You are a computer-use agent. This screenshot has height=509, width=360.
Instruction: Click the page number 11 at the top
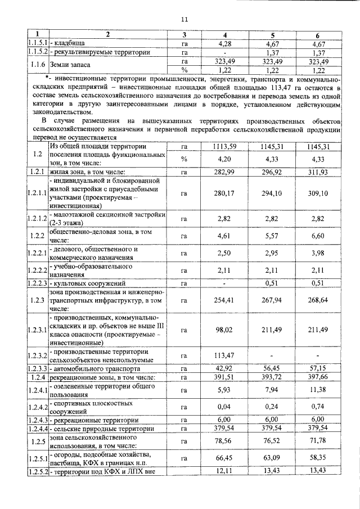[184, 20]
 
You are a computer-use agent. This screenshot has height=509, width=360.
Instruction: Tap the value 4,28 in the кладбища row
[225, 44]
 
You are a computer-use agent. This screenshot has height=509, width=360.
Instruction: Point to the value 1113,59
[225, 147]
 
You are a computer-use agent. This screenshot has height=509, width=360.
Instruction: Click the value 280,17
[225, 193]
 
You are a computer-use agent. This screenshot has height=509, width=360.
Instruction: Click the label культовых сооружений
[93, 283]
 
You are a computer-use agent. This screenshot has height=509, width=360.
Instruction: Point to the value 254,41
[225, 300]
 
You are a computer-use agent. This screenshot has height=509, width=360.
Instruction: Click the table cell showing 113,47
[225, 355]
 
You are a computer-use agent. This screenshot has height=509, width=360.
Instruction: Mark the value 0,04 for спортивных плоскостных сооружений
[225, 407]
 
